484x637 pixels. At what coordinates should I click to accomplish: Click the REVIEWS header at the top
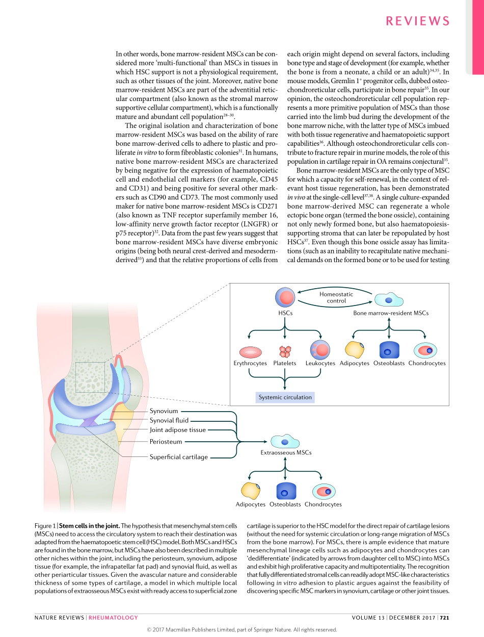418,21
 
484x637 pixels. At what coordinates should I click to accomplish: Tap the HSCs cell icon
285,298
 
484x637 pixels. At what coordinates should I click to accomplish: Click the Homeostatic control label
336,297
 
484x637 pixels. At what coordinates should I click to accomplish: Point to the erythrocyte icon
250,351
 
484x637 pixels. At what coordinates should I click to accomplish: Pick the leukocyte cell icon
320,350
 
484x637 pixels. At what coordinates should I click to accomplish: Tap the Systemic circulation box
285,397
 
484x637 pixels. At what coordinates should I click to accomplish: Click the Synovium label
164,411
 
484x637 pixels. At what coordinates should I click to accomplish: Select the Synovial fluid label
169,420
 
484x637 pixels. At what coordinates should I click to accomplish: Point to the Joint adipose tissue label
177,430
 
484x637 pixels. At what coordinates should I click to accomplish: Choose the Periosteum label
166,442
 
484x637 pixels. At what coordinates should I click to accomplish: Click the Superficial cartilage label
178,457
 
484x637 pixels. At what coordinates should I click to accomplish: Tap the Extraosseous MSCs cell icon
284,441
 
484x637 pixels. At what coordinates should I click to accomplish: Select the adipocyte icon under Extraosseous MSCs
251,491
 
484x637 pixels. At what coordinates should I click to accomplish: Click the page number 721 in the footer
445,618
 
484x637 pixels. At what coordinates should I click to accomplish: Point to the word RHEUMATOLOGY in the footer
113,618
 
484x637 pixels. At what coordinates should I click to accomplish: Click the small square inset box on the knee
90,377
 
